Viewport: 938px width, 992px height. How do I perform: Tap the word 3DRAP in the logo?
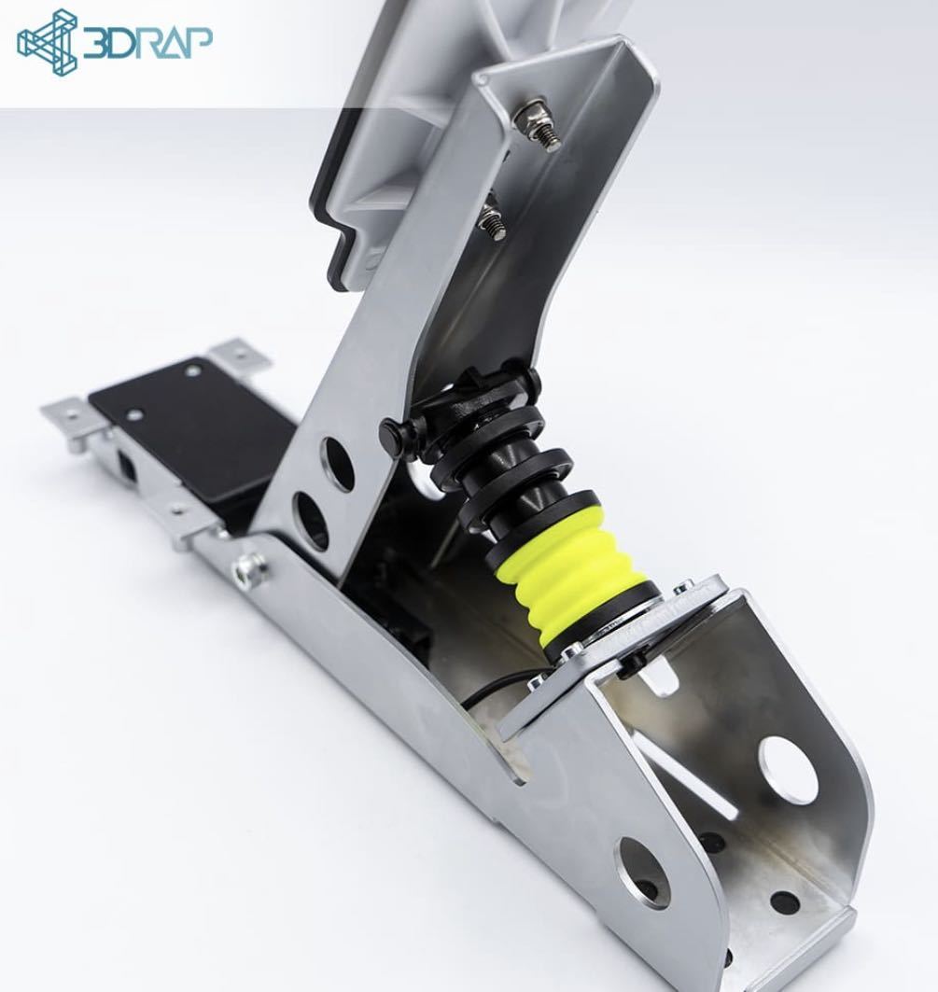147,43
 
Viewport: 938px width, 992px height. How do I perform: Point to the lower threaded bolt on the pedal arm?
492,222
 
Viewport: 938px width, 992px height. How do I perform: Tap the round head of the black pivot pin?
391,434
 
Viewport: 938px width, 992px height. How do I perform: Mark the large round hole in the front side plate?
644,872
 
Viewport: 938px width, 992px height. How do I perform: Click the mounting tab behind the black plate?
239,356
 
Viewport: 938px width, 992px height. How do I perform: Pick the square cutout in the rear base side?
124,464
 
